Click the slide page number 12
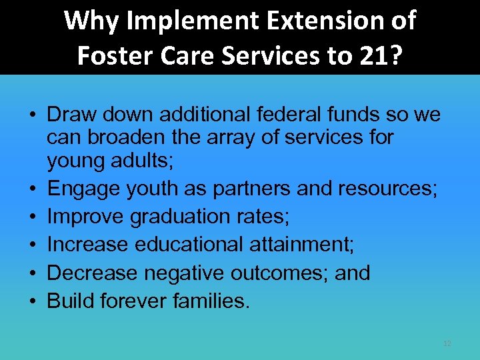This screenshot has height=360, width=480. pos(447,343)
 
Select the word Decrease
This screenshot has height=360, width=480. pos(87,273)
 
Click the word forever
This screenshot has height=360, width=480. pos(135,301)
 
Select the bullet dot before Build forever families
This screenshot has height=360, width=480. pos(32,301)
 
